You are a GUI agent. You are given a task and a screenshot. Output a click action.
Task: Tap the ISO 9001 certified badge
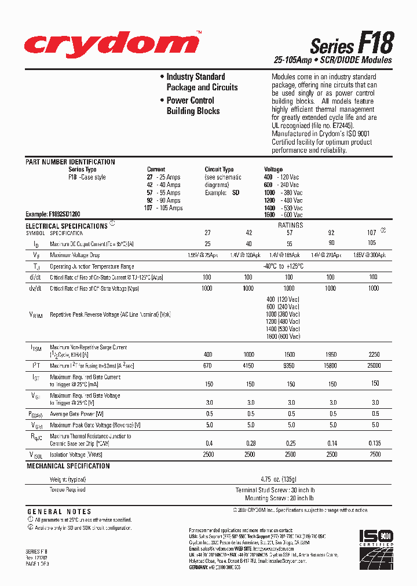pos(377,545)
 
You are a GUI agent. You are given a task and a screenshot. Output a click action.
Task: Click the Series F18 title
pos(352,44)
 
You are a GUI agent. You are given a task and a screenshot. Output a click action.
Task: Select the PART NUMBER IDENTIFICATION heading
pos(70,162)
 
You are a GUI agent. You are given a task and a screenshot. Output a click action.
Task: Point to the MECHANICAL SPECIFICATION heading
pos(67,466)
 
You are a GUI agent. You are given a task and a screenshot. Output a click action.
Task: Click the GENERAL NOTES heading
pos(59,512)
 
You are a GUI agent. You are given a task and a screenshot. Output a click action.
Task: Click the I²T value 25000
pos(374,366)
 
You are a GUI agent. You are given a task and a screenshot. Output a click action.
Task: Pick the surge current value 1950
pos(331,354)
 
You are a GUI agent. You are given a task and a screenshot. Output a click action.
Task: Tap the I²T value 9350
pos(289,366)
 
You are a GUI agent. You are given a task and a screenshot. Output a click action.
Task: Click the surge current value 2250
pos(374,354)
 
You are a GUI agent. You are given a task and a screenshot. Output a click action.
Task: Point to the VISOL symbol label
pos(36,455)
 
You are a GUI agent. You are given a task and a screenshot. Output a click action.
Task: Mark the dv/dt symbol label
pos(35,288)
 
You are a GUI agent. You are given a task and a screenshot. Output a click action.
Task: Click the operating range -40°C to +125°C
pos(290,266)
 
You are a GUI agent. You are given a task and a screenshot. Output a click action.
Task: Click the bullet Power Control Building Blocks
pos(191,105)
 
